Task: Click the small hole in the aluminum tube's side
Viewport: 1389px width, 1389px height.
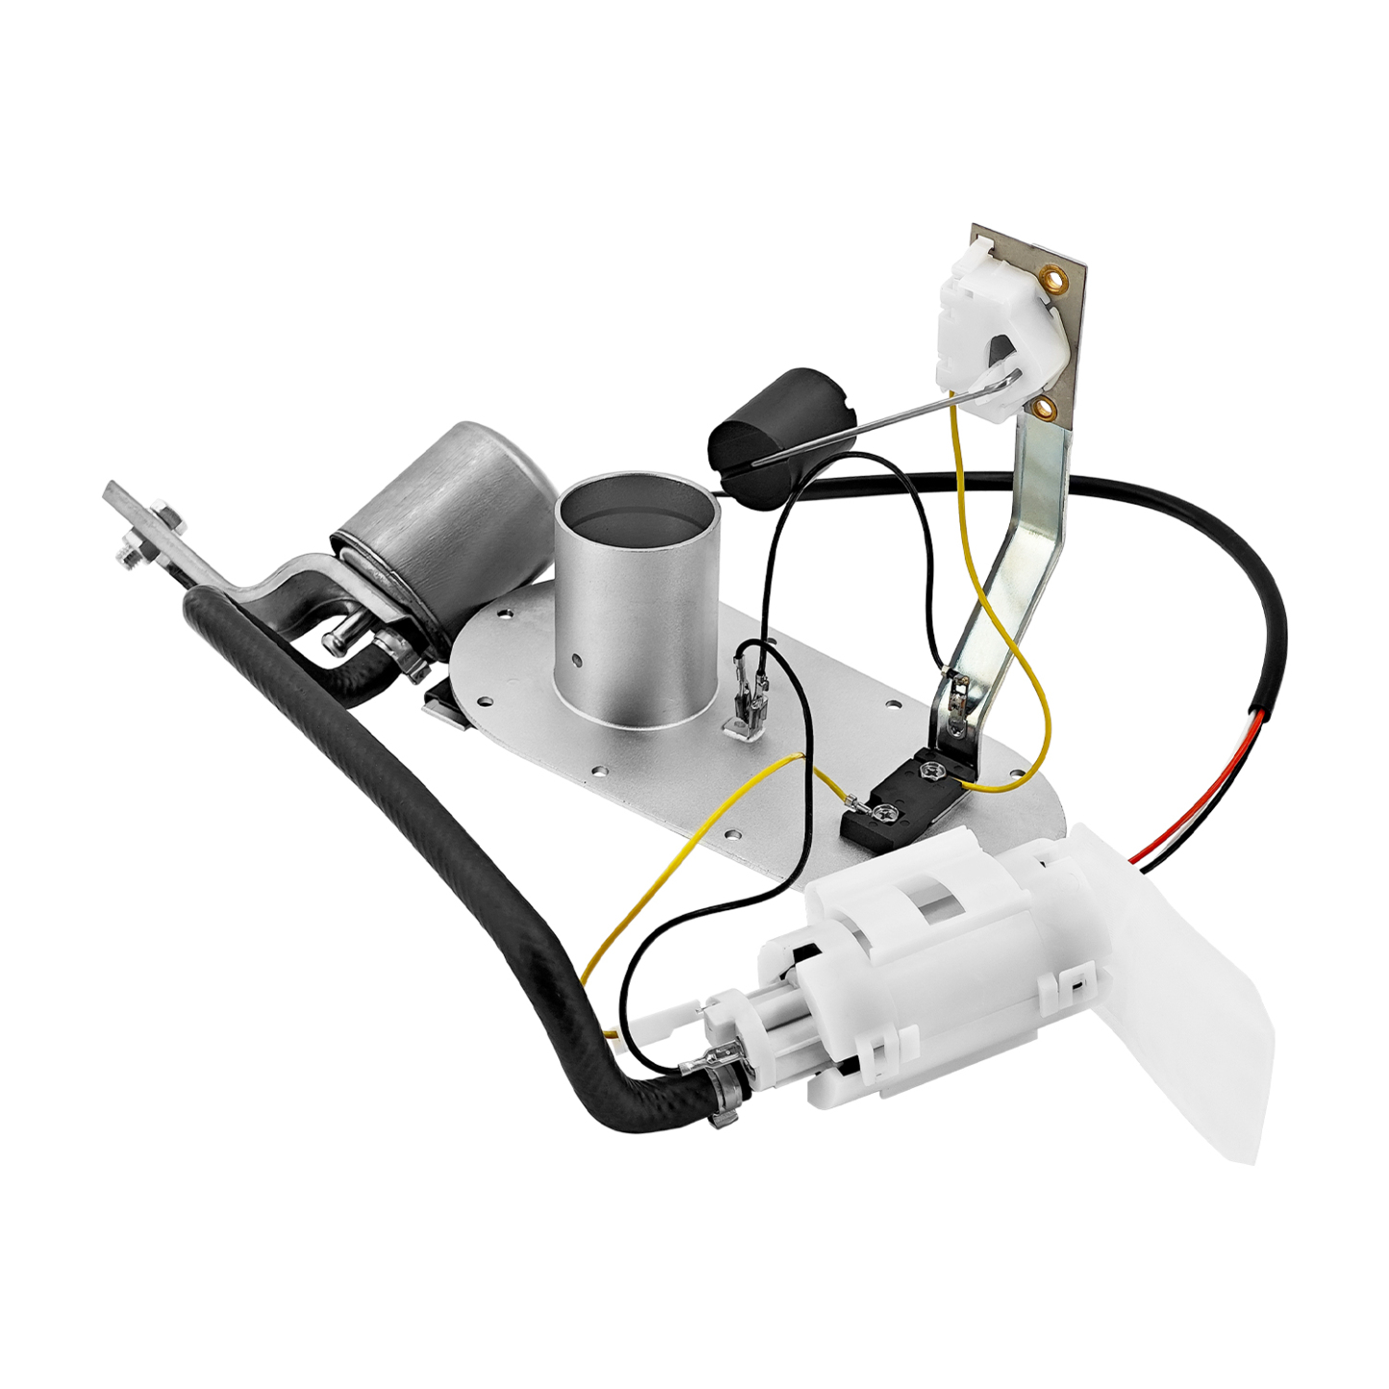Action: click(577, 660)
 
